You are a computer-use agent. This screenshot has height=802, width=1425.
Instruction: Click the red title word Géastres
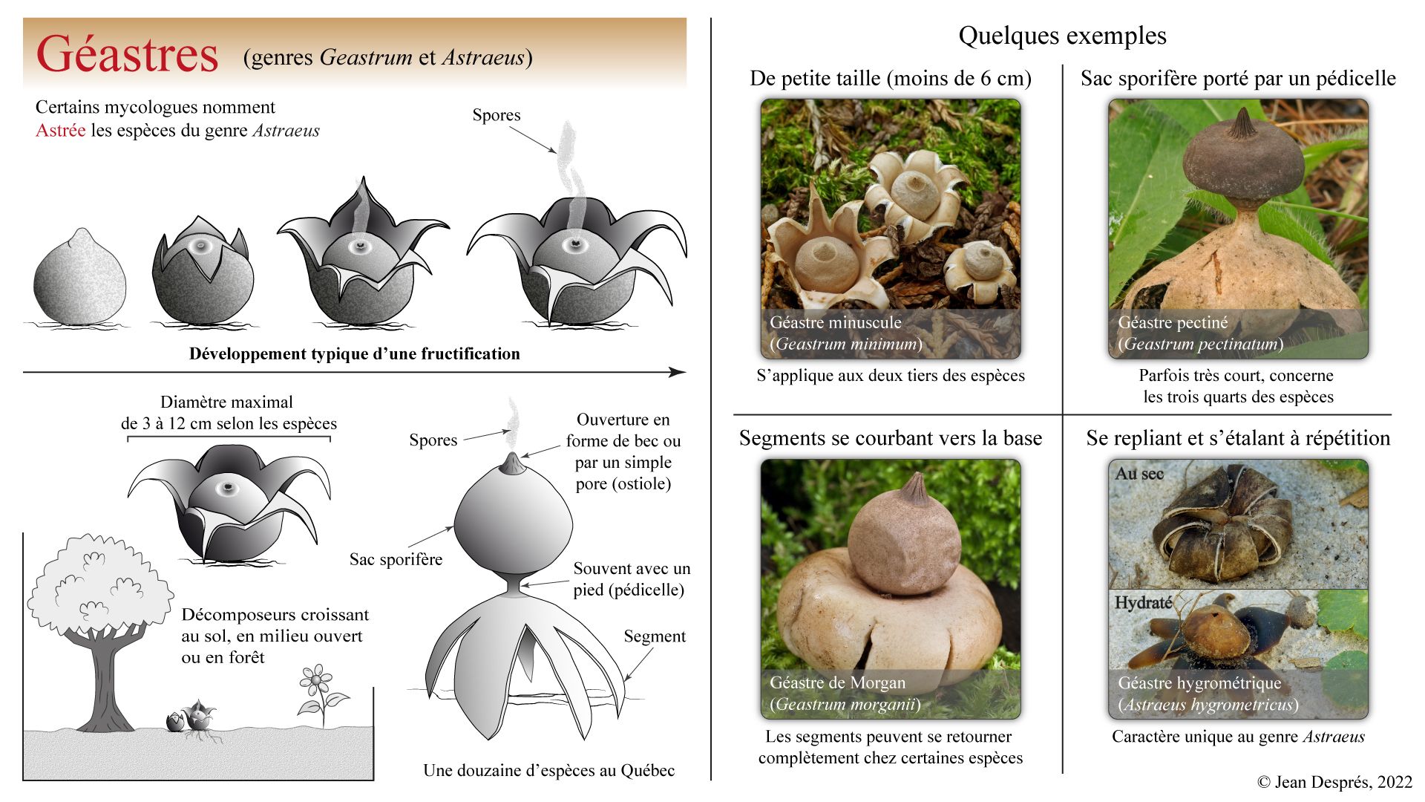pyautogui.click(x=127, y=54)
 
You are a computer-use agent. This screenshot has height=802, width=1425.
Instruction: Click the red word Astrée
pyautogui.click(x=60, y=131)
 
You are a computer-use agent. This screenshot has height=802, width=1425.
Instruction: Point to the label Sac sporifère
pyautogui.click(x=396, y=559)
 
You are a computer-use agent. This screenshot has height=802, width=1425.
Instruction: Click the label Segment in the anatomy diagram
pyautogui.click(x=654, y=636)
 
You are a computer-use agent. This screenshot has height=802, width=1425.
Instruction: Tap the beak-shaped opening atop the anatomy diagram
pyautogui.click(x=511, y=463)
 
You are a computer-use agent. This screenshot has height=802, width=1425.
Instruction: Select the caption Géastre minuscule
pyautogui.click(x=835, y=322)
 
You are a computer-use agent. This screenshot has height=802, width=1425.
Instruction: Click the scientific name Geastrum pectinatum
pyautogui.click(x=1200, y=344)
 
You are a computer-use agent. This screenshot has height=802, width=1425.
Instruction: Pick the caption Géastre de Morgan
pyautogui.click(x=837, y=682)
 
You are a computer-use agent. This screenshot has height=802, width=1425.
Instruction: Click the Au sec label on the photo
pyautogui.click(x=1139, y=474)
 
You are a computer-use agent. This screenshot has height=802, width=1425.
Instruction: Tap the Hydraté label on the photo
pyautogui.click(x=1143, y=602)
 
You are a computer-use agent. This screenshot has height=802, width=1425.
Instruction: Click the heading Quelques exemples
pyautogui.click(x=1062, y=36)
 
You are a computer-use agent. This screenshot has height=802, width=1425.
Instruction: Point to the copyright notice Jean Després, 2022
pyautogui.click(x=1334, y=782)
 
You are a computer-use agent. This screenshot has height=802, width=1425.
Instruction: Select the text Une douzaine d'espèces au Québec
pyautogui.click(x=548, y=770)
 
